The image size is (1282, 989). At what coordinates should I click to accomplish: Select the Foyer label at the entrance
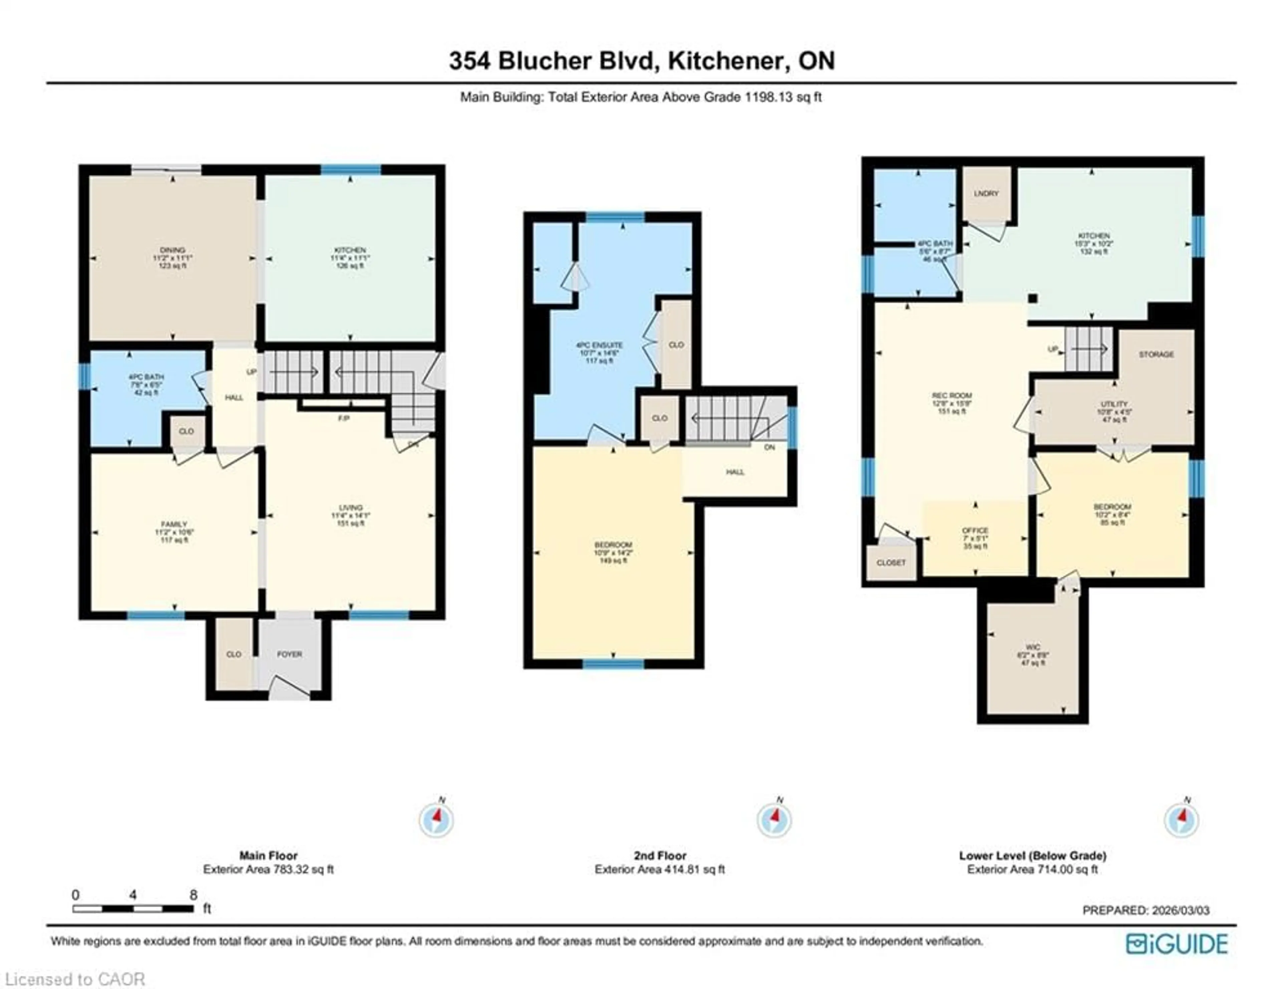(x=289, y=654)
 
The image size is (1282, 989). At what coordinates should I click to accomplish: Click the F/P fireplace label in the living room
(x=344, y=419)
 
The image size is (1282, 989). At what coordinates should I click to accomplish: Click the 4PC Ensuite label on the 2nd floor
(x=599, y=345)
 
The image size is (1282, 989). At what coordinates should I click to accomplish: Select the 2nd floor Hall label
(x=735, y=471)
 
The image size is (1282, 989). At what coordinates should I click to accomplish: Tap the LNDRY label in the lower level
(x=986, y=194)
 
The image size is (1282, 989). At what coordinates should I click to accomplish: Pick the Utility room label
(x=1113, y=404)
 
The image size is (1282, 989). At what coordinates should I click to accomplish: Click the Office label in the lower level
(x=975, y=530)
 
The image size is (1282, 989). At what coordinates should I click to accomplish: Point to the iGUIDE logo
(x=1177, y=944)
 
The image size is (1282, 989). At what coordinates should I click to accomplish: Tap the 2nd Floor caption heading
(x=660, y=856)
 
